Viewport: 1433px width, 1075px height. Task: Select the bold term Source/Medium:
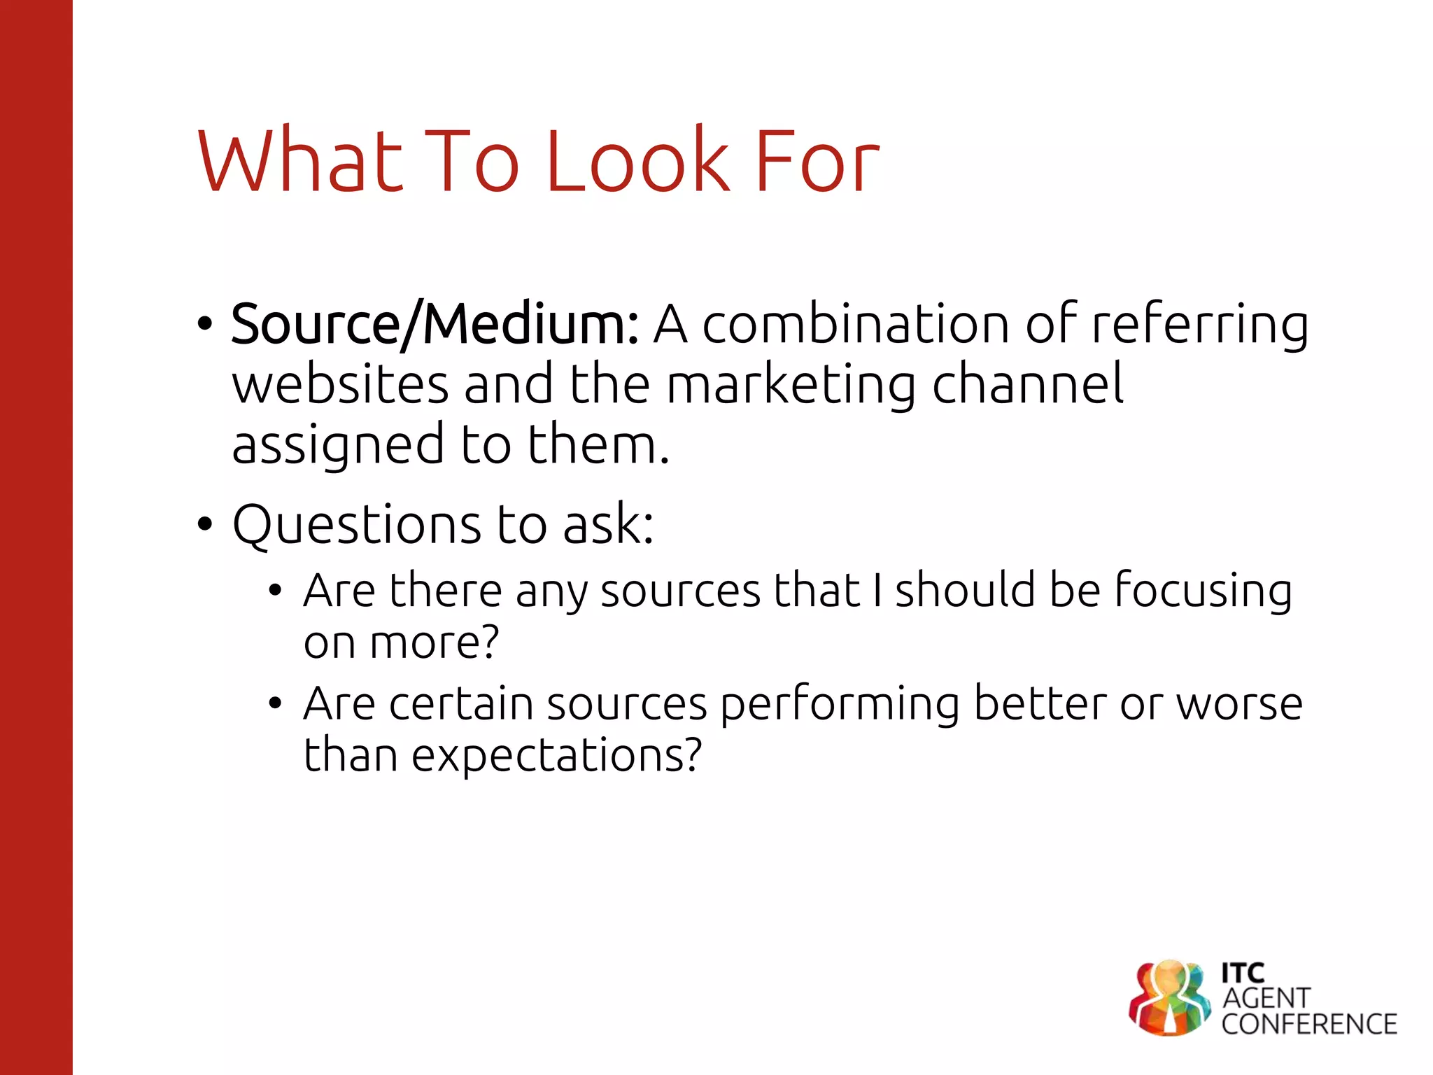435,324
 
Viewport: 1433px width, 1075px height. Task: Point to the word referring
1199,325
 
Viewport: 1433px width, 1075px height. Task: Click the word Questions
356,524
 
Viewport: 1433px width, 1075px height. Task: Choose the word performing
840,705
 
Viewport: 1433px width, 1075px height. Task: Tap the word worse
1239,703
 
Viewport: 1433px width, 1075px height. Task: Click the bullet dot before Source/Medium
204,324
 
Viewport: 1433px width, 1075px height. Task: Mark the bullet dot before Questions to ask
204,524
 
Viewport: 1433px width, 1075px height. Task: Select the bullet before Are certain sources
275,703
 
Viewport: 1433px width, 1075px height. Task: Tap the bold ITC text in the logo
1243,973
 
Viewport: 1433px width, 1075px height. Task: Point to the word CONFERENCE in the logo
1309,1024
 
